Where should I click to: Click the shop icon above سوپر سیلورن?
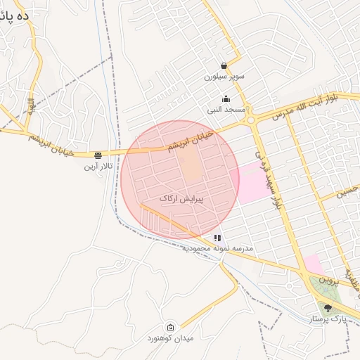coord(224,65)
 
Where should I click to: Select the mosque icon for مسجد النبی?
coord(225,99)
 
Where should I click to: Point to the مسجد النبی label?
coord(226,110)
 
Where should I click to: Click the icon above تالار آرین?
coord(98,155)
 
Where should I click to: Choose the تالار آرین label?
coord(97,166)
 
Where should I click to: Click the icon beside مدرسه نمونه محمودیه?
coord(218,238)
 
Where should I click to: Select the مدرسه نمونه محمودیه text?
coord(218,249)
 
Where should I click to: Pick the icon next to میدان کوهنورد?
coord(171,327)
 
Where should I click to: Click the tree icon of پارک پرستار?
coord(326,307)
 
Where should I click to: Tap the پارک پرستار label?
coord(327,319)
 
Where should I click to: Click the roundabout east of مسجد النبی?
coord(250,120)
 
